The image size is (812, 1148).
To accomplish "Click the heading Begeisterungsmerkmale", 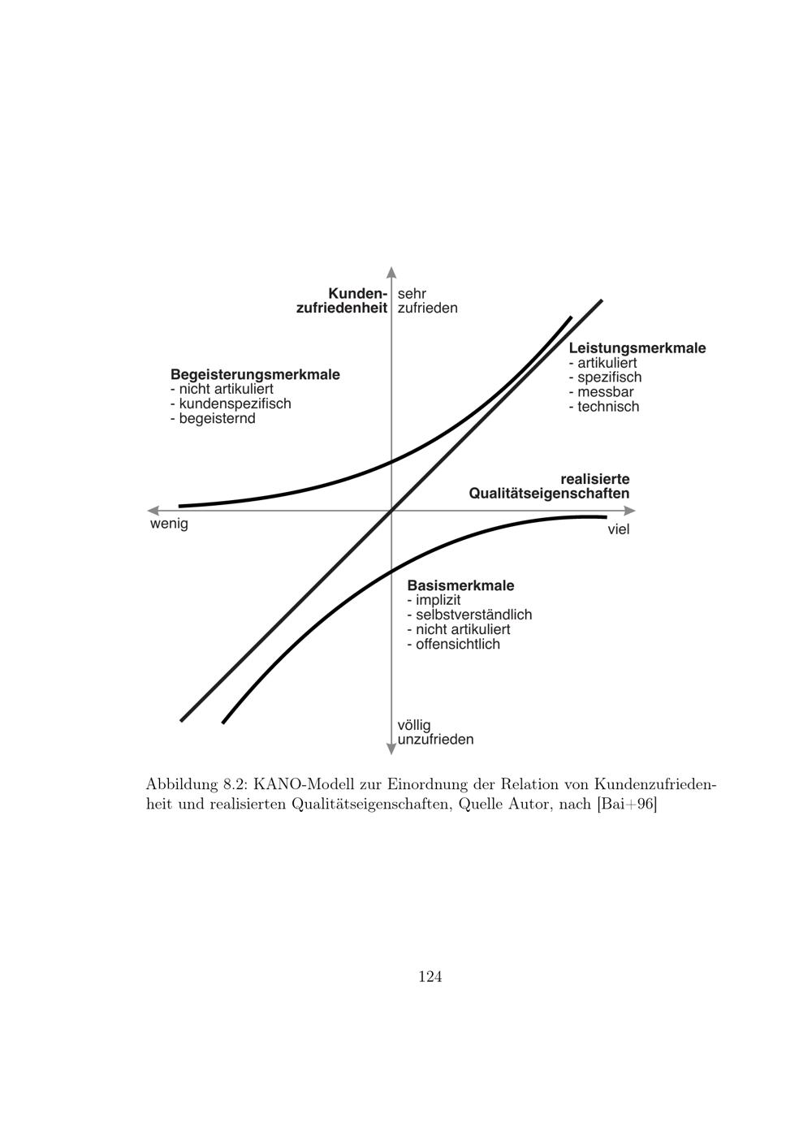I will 255,375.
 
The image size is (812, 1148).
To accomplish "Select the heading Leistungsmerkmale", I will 637,348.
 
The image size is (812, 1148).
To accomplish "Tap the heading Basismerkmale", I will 460,585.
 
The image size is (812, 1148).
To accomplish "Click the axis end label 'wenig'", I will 169,524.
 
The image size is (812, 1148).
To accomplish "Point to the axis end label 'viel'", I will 619,529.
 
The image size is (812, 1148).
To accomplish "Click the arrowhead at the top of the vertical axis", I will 391,272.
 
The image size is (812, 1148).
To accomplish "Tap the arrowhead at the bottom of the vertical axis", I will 391,748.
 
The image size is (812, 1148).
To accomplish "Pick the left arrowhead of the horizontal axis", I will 153,511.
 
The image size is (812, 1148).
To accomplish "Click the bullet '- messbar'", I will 601,392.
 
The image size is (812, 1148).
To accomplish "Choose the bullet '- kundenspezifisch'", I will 231,404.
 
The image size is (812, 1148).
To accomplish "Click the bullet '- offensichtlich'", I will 453,644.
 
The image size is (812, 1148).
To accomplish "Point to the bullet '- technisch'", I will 604,407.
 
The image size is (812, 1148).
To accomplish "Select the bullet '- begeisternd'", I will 213,418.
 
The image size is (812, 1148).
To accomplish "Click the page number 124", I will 430,977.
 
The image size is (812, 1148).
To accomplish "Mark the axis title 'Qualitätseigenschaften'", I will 549,494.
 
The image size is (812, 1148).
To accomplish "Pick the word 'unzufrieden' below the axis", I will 435,740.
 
